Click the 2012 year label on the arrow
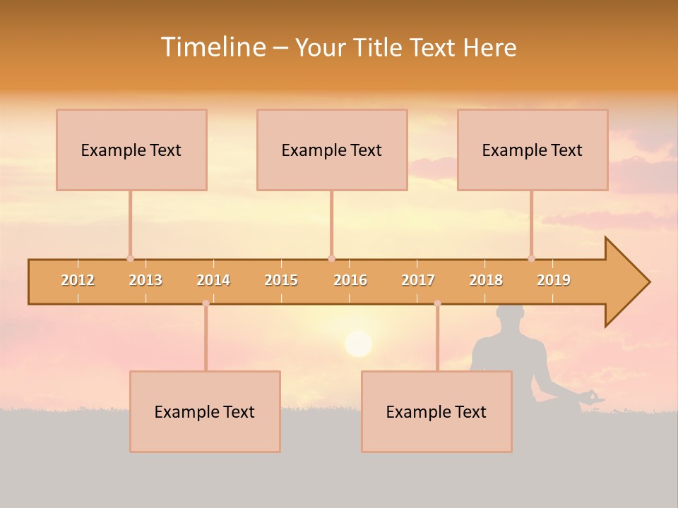(x=78, y=280)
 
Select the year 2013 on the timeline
(x=145, y=280)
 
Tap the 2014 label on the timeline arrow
(x=213, y=280)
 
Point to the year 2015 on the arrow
(x=281, y=280)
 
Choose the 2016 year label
(x=350, y=280)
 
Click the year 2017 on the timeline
(x=418, y=280)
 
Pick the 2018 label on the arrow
(x=486, y=280)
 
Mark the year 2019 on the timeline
(x=554, y=280)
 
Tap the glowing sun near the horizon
(x=358, y=344)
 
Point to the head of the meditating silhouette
(x=510, y=317)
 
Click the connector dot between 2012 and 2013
(x=130, y=258)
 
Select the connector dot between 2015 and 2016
(x=331, y=258)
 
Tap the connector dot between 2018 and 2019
(x=531, y=258)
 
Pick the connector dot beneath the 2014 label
(x=206, y=303)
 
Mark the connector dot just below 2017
(x=437, y=303)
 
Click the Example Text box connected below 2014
(x=205, y=411)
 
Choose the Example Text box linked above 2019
(x=533, y=150)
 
